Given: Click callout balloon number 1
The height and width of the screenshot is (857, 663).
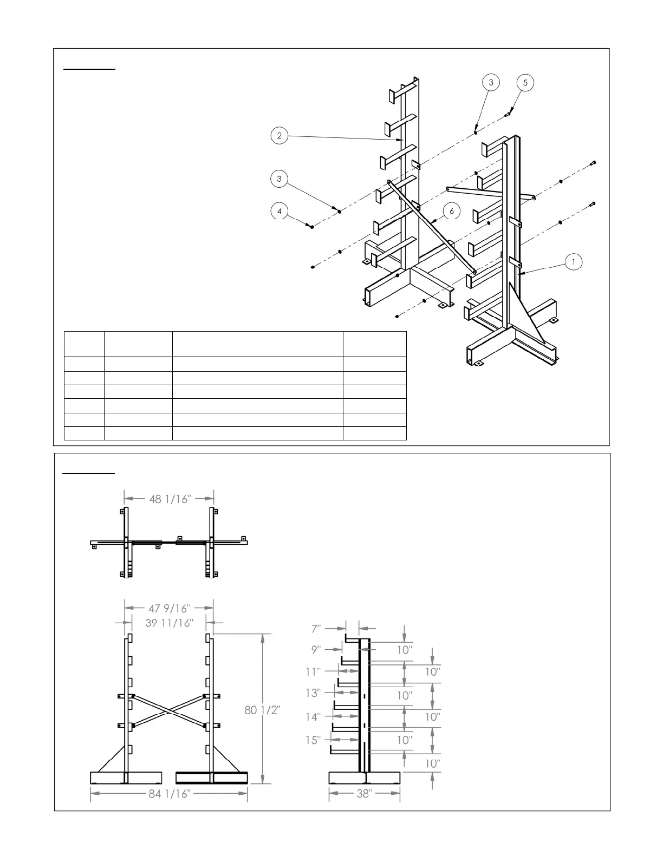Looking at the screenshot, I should pos(573,262).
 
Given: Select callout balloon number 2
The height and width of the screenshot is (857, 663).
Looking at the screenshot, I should pos(279,136).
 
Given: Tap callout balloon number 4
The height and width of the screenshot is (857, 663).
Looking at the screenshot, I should pos(279,212).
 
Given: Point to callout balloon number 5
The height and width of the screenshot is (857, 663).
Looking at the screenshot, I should pos(525,83).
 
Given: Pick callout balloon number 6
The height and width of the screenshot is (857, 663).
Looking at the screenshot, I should pos(451,212).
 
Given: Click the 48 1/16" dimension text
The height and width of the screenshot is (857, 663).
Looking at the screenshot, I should pos(170,499).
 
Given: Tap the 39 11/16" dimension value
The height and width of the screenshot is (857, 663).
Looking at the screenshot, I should pos(169,623).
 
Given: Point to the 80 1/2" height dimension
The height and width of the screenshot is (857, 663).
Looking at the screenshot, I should pos(262,710).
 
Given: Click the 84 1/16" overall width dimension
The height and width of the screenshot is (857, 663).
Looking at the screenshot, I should pos(170,794).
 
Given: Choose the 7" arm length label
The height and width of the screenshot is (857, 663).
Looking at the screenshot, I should pos(316,629).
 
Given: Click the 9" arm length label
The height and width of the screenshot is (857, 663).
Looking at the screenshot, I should pos(316,649).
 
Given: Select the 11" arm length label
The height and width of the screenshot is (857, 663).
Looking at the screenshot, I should pos(314,671).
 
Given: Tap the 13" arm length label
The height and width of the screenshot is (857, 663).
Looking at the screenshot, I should pos(313,693).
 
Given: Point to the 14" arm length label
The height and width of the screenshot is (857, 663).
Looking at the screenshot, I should pos(313,717).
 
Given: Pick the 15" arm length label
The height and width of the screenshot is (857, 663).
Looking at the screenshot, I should pos(313,740).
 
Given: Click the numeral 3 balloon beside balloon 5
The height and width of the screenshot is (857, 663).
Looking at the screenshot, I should pos(491,83).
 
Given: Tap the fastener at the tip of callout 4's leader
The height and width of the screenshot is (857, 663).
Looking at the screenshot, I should pos(313,226).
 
